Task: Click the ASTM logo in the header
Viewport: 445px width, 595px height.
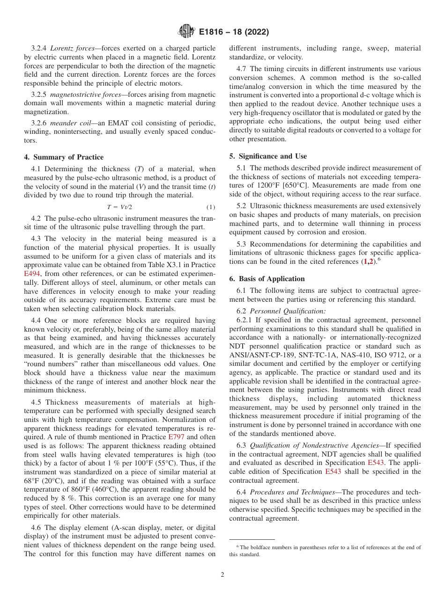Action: tap(186, 32)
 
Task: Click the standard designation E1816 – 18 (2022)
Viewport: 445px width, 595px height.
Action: tap(233, 32)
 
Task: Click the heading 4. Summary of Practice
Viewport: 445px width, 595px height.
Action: tap(64, 157)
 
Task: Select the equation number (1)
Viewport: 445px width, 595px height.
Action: tap(210, 207)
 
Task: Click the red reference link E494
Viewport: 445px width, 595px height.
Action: tap(32, 273)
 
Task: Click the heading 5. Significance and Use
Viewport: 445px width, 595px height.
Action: tap(268, 156)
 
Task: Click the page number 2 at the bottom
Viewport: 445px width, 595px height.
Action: tap(222, 575)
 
